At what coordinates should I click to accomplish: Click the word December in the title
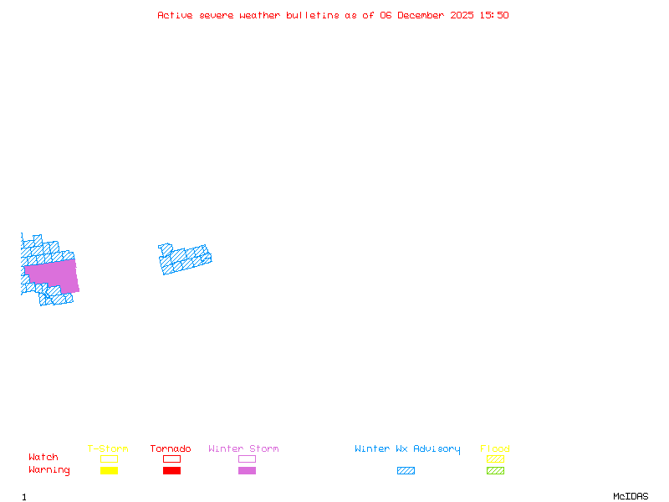pos(421,15)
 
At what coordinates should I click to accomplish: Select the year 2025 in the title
pos(462,15)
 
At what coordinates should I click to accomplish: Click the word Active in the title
pos(175,15)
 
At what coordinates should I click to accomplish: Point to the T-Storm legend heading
pos(108,448)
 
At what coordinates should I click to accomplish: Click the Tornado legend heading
pos(171,448)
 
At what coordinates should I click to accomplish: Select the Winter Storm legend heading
pos(243,448)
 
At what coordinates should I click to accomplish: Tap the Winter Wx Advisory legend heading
pos(407,449)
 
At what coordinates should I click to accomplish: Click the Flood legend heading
pos(495,448)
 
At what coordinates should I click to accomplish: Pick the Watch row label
pos(43,457)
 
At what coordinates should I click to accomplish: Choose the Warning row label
pos(49,470)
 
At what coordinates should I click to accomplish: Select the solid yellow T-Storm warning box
pos(110,470)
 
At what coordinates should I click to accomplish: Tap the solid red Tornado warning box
pos(172,470)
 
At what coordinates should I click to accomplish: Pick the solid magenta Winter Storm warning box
pos(247,470)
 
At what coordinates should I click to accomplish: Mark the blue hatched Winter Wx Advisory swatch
pos(406,470)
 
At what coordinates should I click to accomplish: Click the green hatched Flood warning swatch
pos(495,470)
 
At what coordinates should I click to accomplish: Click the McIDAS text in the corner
pos(631,496)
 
